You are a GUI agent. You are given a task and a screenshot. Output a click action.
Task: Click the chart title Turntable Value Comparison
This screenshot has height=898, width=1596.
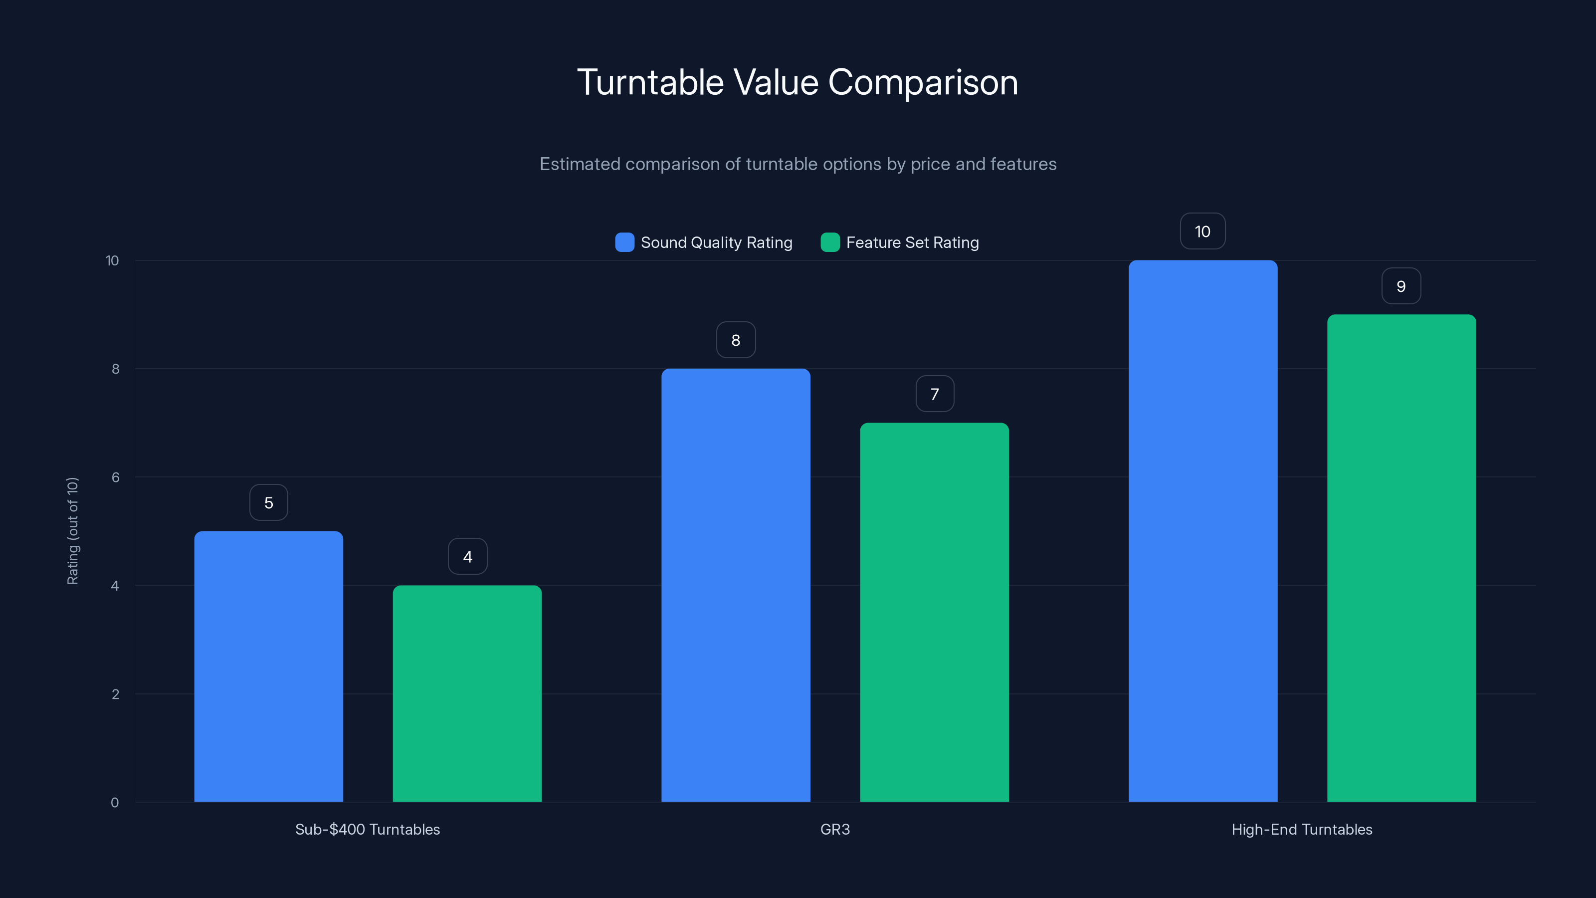click(798, 82)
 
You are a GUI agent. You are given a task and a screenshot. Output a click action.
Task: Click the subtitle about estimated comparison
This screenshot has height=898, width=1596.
click(798, 164)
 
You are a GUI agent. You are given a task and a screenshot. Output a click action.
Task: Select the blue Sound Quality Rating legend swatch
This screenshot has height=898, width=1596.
click(624, 242)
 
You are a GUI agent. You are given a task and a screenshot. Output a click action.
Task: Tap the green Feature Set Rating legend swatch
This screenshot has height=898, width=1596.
click(829, 242)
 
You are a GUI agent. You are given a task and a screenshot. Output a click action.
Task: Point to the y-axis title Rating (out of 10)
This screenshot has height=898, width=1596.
click(72, 530)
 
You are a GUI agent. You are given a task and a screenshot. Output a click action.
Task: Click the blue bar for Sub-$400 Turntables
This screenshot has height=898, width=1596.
click(268, 666)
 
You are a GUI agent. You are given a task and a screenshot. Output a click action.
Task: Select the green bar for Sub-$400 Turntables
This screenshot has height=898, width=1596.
click(467, 693)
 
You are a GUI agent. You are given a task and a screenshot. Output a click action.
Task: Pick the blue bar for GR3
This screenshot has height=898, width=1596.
click(736, 585)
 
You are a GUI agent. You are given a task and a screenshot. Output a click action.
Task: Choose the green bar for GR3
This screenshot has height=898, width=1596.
click(934, 612)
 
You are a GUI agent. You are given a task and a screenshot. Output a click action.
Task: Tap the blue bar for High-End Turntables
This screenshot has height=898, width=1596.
click(1202, 531)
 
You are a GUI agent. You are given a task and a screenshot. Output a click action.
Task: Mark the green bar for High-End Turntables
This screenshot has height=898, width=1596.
click(1401, 558)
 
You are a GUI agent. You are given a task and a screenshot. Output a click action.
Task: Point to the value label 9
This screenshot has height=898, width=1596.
click(1401, 286)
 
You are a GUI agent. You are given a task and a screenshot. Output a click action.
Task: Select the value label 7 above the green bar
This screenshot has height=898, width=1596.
click(934, 394)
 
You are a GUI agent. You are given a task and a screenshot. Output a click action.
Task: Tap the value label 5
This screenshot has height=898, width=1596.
click(268, 502)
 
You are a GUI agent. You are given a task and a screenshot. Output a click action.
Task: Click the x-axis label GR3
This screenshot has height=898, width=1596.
click(834, 829)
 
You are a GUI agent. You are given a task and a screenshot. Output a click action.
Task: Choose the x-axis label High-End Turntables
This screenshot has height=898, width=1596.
click(1302, 829)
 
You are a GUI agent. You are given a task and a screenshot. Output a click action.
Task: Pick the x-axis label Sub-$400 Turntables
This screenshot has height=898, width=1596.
click(368, 829)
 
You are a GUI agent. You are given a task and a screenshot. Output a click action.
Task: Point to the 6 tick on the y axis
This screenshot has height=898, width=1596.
click(115, 477)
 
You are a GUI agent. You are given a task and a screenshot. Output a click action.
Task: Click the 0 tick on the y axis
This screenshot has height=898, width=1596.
click(115, 803)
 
